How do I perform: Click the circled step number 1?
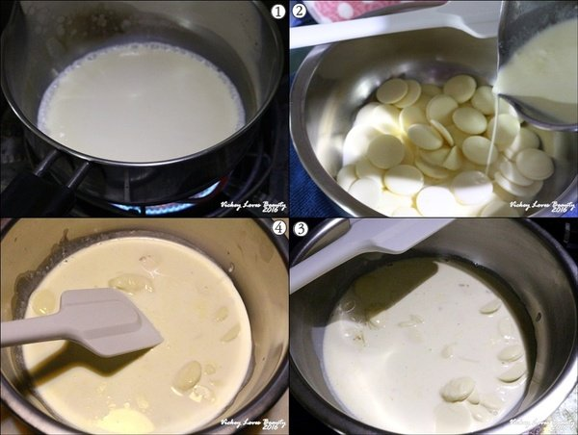pyautogui.click(x=278, y=12)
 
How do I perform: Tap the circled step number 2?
pyautogui.click(x=300, y=12)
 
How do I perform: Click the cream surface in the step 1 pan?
pyautogui.click(x=140, y=101)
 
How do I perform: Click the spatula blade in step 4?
pyautogui.click(x=116, y=322)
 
